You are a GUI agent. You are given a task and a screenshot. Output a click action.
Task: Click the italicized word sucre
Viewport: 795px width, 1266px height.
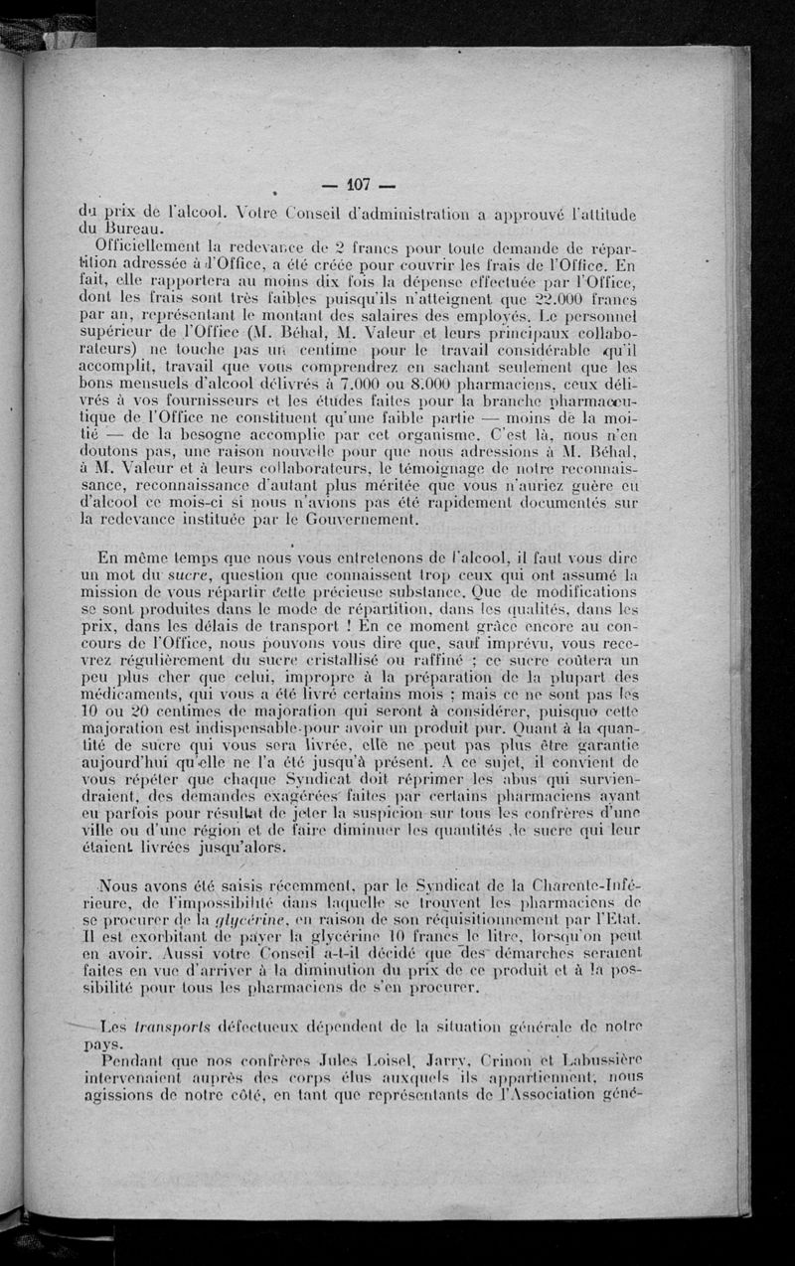pos(187,573)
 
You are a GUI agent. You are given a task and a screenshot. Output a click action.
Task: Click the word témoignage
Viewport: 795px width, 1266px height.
pos(422,467)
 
